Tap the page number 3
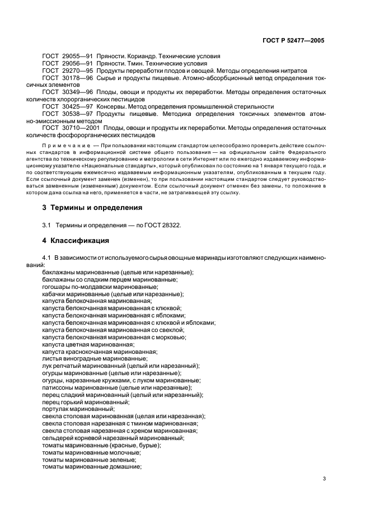tap(324, 479)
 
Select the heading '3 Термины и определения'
tap(92, 207)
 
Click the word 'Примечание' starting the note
tap(62, 144)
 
